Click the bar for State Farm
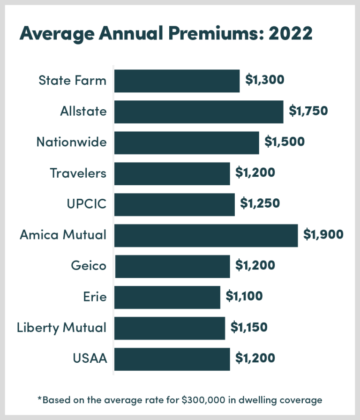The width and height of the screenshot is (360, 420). coord(177,81)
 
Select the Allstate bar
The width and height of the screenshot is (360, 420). coord(199,112)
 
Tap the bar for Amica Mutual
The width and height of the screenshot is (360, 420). coord(206,235)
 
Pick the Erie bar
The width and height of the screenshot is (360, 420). coord(167,297)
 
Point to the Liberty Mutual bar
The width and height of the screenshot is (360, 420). coord(169,328)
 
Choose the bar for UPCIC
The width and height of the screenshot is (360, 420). coord(174,204)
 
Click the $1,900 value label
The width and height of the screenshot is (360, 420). coord(323,234)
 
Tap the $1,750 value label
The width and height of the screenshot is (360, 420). coord(308,111)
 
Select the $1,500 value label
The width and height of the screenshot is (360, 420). coord(284,142)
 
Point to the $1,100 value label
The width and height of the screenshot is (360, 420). coord(244,296)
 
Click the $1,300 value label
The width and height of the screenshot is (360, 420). coord(265,80)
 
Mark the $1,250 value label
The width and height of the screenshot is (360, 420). coord(260,203)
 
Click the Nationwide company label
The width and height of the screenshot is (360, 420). coord(72,142)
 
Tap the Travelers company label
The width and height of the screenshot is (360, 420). coord(78,173)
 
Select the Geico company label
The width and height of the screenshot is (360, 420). coord(89,266)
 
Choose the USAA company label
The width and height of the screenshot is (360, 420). coord(90,359)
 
